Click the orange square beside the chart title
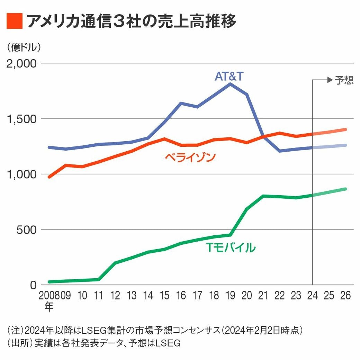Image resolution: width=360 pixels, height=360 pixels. [14, 21]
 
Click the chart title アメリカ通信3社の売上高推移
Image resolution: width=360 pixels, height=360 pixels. [131, 21]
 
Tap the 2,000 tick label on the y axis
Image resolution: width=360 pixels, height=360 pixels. [22, 64]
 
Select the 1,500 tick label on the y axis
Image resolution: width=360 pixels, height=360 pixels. [22, 119]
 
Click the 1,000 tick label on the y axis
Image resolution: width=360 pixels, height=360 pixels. [22, 174]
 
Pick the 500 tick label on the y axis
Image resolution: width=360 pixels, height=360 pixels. [26, 230]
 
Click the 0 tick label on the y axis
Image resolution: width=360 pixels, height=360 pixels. [33, 285]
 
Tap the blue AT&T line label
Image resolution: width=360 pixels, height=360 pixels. [229, 76]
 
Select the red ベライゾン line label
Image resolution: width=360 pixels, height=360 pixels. [190, 158]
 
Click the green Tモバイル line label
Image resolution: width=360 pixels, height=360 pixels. [231, 247]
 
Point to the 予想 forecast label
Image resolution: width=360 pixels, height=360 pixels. [344, 80]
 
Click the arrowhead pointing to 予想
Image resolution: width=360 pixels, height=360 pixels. [330, 80]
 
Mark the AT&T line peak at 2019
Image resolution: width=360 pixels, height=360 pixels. [231, 84]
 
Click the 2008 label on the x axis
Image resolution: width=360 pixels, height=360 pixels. [49, 296]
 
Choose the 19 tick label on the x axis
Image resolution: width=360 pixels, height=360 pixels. [231, 296]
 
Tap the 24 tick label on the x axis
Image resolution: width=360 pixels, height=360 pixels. [313, 296]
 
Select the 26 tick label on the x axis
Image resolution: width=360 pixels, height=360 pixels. [345, 296]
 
